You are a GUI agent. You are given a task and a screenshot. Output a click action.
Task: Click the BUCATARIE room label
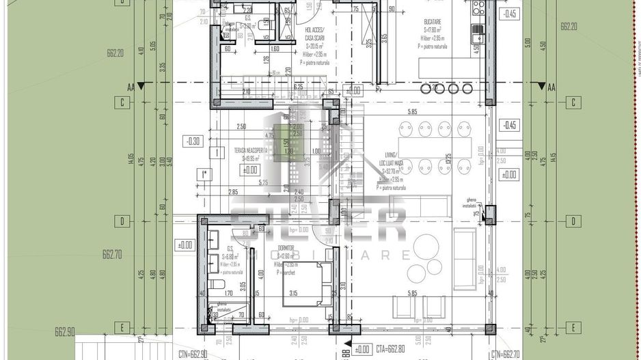pyautogui.click(x=435, y=21)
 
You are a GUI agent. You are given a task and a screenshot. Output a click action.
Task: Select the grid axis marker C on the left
pyautogui.click(x=122, y=103)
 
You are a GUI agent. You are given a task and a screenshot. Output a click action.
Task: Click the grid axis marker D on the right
pyautogui.click(x=572, y=221)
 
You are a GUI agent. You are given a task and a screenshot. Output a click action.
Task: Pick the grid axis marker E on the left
pyautogui.click(x=122, y=327)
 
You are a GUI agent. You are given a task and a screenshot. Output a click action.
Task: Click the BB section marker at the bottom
pyautogui.click(x=346, y=352)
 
